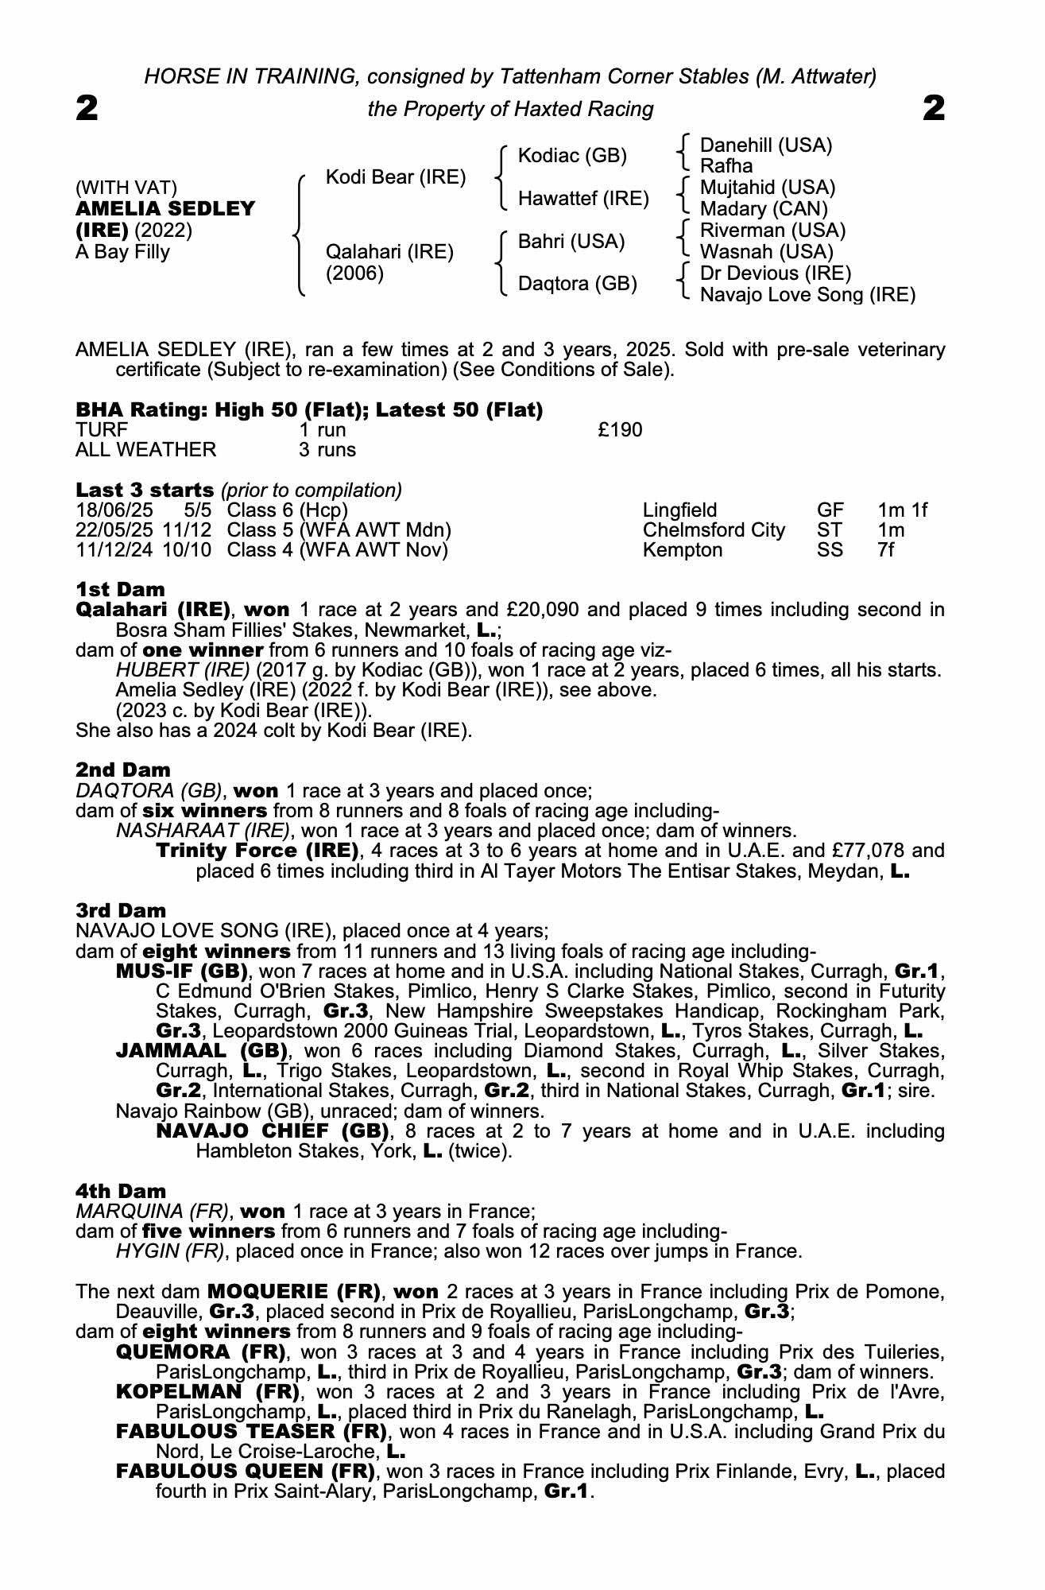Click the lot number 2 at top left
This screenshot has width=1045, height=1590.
87,108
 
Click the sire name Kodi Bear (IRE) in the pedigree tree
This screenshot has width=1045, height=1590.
396,176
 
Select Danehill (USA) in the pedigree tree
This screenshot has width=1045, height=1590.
765,145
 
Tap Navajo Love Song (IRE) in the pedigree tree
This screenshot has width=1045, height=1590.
807,295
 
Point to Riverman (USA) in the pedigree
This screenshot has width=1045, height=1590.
772,231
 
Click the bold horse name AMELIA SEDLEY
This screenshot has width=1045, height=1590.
165,209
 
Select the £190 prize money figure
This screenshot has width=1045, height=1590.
620,430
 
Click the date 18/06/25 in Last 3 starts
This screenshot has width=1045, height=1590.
108,510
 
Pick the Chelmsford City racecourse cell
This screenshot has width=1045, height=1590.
714,530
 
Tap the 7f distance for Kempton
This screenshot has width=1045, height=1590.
885,550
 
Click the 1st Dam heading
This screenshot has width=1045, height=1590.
121,590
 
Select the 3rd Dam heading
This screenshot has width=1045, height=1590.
122,910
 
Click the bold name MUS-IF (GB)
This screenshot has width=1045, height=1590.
182,971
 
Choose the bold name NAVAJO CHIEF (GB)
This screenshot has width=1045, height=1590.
273,1131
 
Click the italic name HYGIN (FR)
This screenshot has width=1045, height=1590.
169,1251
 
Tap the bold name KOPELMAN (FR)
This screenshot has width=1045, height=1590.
207,1392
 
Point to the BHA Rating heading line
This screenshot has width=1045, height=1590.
309,410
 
